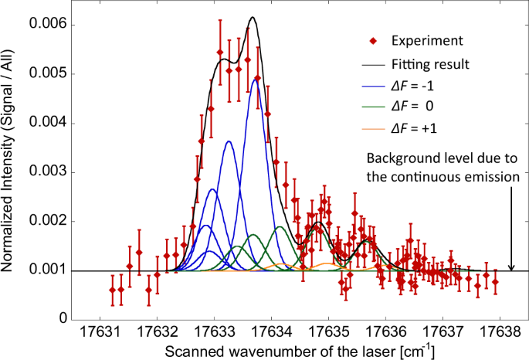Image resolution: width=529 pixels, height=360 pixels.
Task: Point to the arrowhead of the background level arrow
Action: (511, 268)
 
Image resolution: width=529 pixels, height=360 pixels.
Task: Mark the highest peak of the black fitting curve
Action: (252, 17)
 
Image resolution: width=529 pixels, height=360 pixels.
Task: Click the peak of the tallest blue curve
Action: (255, 79)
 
